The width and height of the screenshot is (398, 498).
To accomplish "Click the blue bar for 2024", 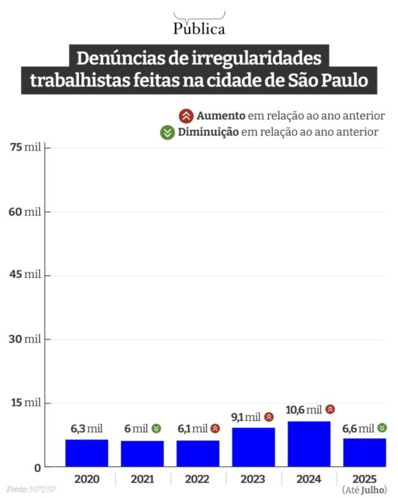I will [x=309, y=444].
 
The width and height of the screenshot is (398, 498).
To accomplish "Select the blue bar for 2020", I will [x=87, y=453].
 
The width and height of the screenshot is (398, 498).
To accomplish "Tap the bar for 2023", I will [x=253, y=447].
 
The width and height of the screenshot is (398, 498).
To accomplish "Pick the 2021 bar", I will [x=142, y=454].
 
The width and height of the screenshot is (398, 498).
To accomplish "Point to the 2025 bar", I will [x=365, y=453].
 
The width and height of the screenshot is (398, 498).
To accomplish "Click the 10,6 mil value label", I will [x=304, y=410].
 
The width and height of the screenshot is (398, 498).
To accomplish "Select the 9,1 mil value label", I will [x=246, y=418].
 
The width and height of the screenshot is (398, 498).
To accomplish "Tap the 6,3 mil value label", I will [x=87, y=429].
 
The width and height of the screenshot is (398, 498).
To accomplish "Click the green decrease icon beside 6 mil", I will [x=156, y=428].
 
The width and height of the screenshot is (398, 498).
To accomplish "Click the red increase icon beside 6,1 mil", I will [x=215, y=428].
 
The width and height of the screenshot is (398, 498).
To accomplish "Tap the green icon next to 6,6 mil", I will [x=382, y=428].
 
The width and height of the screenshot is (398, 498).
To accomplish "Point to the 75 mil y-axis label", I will [x=25, y=148].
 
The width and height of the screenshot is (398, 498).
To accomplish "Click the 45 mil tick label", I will [x=25, y=274].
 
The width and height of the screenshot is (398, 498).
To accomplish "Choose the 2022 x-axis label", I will [x=197, y=479].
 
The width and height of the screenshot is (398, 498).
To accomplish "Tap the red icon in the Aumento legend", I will [x=186, y=116].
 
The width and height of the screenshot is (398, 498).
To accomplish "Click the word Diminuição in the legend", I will [x=208, y=132].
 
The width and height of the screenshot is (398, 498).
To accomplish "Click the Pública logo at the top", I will [x=199, y=25].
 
